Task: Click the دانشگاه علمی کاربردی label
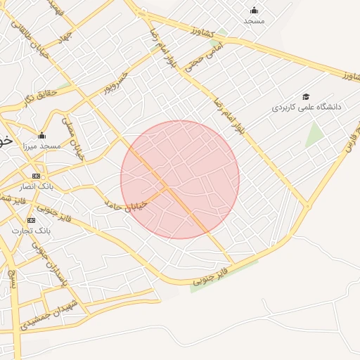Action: click(x=307, y=108)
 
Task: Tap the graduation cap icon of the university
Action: click(x=306, y=96)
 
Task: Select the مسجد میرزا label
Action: click(x=41, y=146)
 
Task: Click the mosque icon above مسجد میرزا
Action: click(x=41, y=135)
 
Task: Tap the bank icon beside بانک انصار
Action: click(x=36, y=176)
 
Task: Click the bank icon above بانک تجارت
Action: click(x=31, y=220)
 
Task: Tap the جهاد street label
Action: click(x=64, y=34)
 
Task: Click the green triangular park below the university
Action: click(x=314, y=135)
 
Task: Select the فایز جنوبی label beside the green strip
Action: click(x=212, y=276)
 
